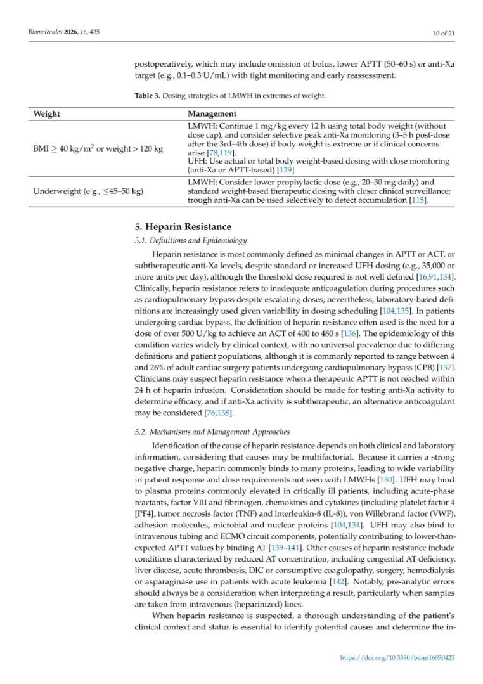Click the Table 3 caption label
click(148, 96)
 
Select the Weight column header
click(46, 114)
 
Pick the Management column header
click(212, 114)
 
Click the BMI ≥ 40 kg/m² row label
click(98, 148)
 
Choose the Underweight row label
click(87, 191)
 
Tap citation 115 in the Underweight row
click(416, 200)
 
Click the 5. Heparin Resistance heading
click(183, 227)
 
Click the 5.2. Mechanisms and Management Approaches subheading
click(212, 431)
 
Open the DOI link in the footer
click(398, 658)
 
